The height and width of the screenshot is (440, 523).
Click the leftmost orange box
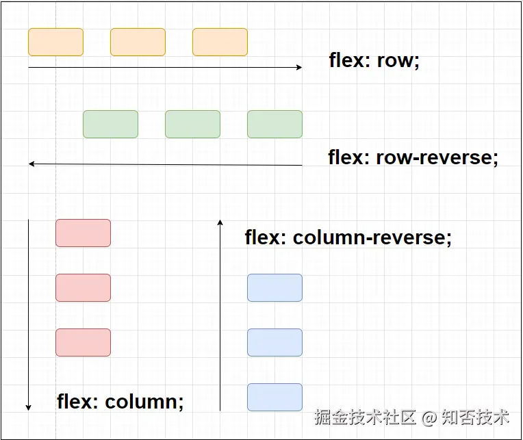pyautogui.click(x=55, y=42)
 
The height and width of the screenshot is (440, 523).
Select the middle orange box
pyautogui.click(x=138, y=42)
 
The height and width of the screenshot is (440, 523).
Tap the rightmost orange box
pyautogui.click(x=220, y=42)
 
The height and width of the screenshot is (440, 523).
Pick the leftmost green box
pyautogui.click(x=110, y=124)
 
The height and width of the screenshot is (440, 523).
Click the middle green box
pyautogui.click(x=193, y=124)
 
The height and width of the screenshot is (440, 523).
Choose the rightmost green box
pyautogui.click(x=275, y=124)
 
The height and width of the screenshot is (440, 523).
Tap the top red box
pyautogui.click(x=83, y=233)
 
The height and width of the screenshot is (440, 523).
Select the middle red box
pyautogui.click(x=83, y=287)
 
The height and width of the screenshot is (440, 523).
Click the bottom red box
pyautogui.click(x=83, y=342)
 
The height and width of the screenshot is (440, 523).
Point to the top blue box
pyautogui.click(x=275, y=287)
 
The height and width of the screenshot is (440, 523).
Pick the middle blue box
pyautogui.click(x=275, y=342)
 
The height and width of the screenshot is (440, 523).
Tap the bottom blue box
pyautogui.click(x=275, y=397)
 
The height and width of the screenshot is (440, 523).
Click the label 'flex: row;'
pyautogui.click(x=374, y=61)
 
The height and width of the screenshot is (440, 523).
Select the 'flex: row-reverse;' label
pyautogui.click(x=413, y=157)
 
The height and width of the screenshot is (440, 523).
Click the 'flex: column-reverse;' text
pyautogui.click(x=348, y=237)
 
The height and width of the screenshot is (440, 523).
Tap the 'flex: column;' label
pyautogui.click(x=120, y=401)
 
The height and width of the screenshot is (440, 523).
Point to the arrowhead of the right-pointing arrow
pyautogui.click(x=301, y=67)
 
